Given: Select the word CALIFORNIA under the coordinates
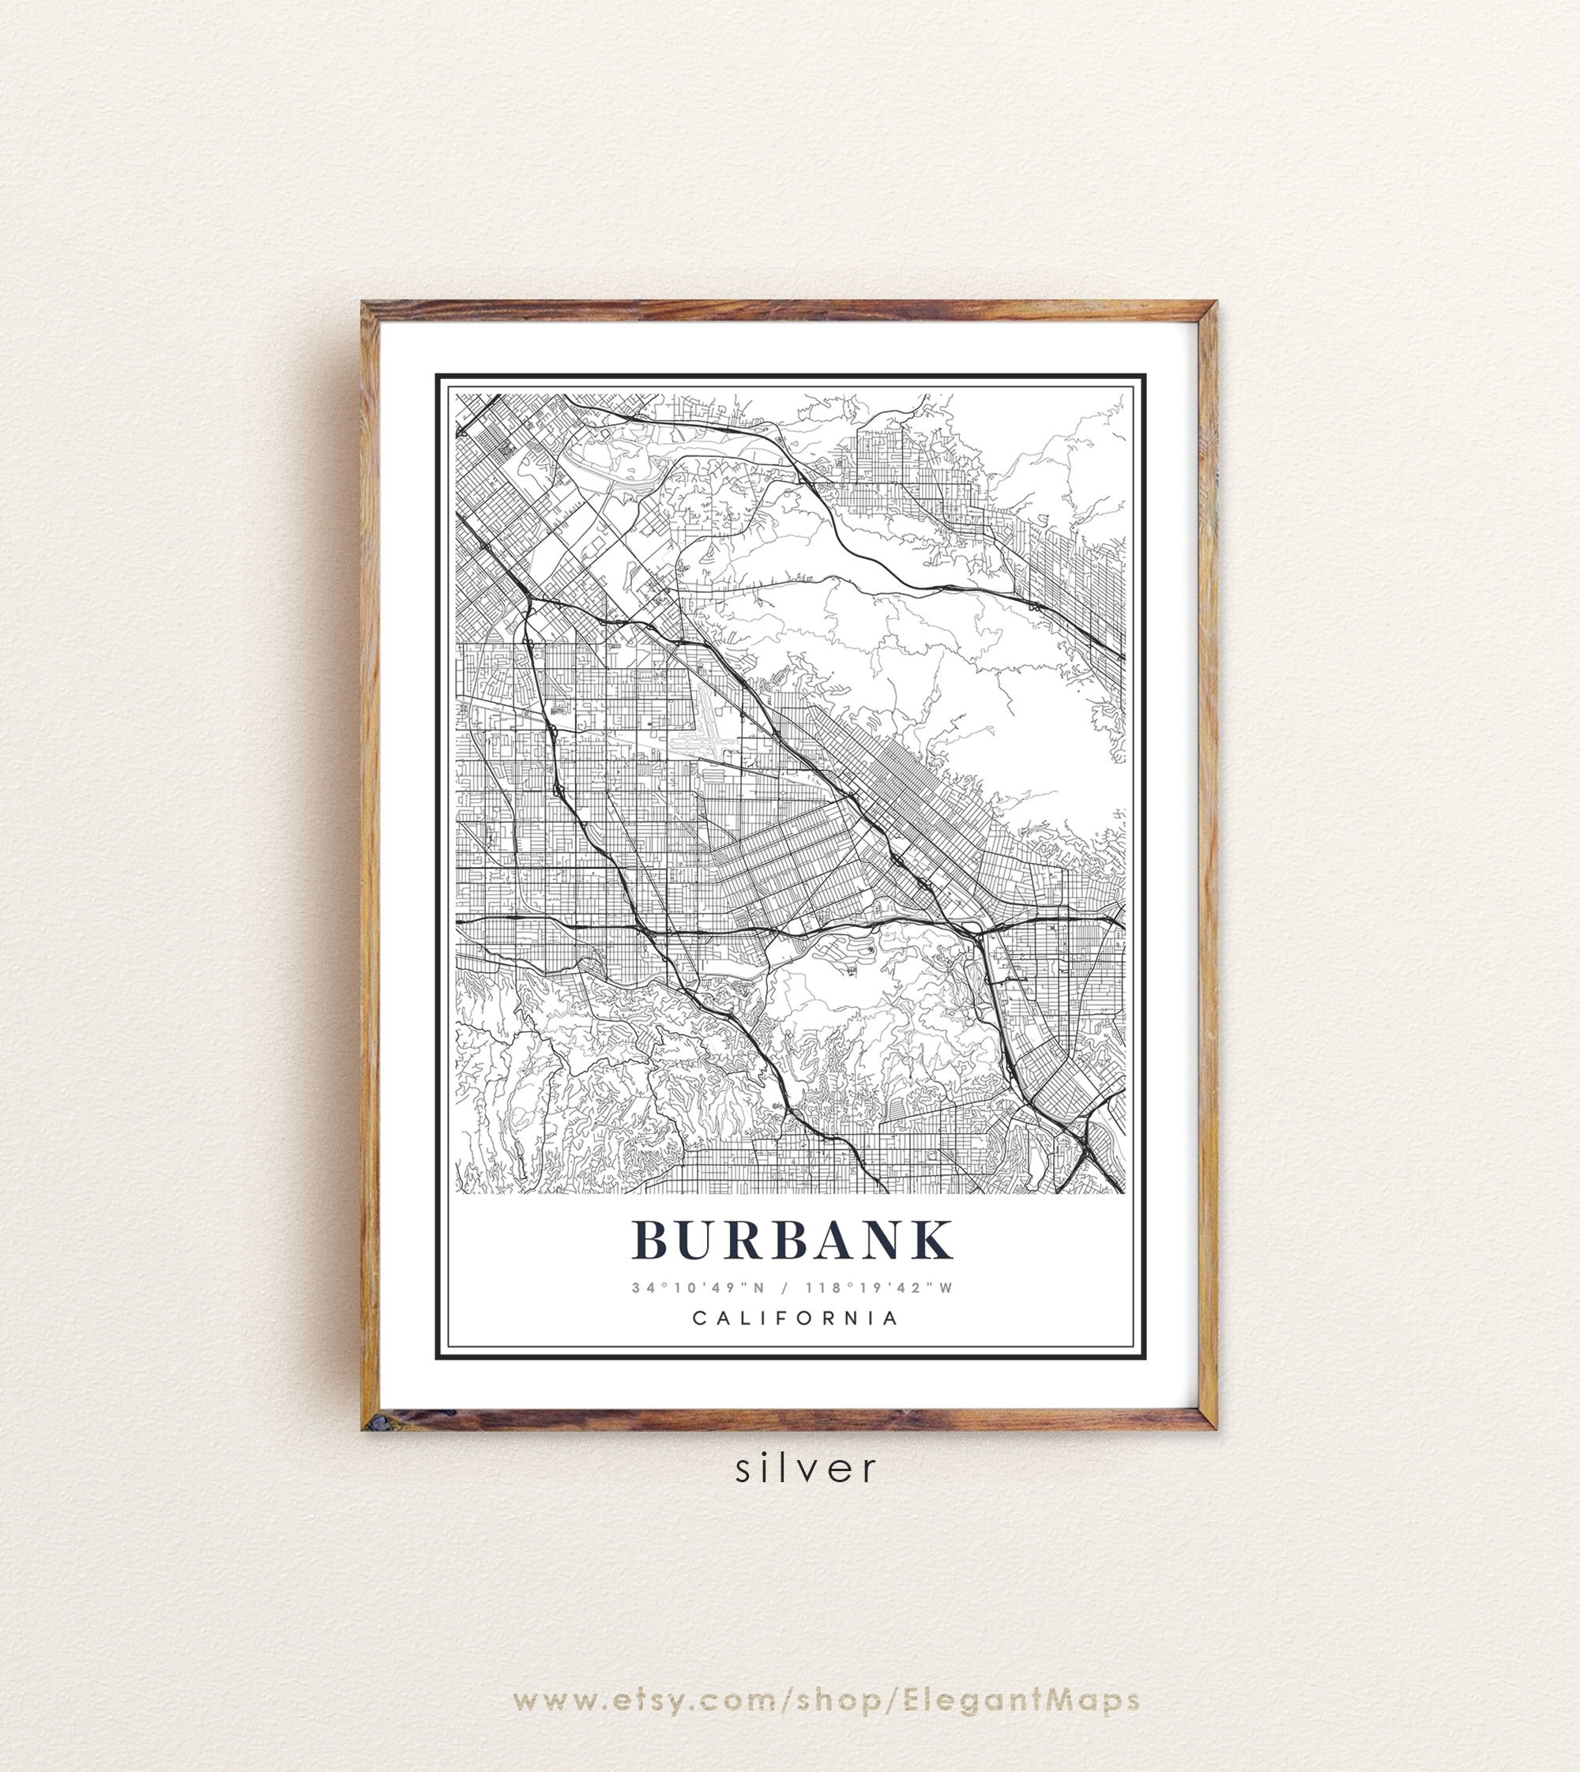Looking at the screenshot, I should (x=794, y=1318).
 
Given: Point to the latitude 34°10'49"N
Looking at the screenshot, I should (x=698, y=1288).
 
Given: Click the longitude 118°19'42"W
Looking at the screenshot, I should (x=878, y=1288).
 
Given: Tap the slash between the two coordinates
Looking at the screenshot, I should (x=786, y=1288).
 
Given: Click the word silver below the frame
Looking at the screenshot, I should (x=807, y=1468).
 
